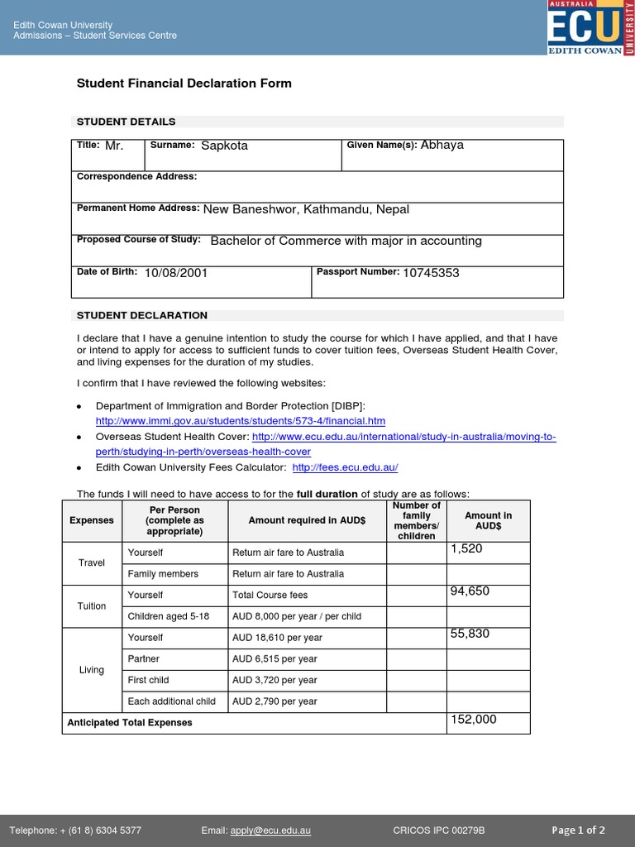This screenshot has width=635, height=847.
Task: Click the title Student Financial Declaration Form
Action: click(x=184, y=84)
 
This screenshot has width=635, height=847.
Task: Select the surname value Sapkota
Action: click(x=224, y=146)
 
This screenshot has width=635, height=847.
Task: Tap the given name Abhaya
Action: click(x=442, y=145)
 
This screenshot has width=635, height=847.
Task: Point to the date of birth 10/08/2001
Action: click(x=176, y=273)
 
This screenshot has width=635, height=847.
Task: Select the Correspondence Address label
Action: click(x=136, y=176)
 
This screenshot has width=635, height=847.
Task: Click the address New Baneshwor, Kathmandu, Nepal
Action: click(x=306, y=209)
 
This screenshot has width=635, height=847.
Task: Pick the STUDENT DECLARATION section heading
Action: click(x=142, y=316)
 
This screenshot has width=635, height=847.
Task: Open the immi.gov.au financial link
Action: click(x=241, y=421)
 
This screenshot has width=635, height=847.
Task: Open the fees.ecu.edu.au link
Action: click(x=345, y=467)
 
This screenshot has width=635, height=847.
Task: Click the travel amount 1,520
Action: click(x=466, y=549)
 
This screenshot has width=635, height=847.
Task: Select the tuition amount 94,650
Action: click(x=470, y=591)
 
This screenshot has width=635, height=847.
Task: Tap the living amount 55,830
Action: click(x=470, y=634)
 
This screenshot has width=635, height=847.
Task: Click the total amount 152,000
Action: click(x=473, y=720)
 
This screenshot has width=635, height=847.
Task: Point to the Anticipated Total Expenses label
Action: click(x=130, y=722)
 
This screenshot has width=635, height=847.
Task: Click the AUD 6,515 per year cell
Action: click(x=275, y=659)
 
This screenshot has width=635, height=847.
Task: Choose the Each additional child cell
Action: click(x=172, y=701)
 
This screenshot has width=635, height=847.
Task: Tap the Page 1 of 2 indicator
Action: click(x=578, y=830)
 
